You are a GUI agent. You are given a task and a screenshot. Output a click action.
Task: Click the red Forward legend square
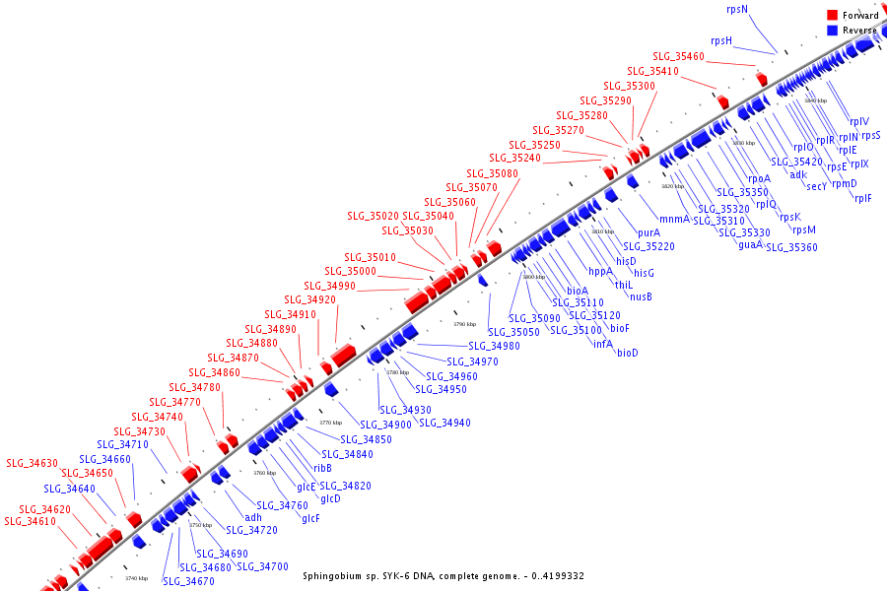(832, 16)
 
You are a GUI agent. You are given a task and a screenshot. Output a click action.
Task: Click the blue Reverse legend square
(832, 31)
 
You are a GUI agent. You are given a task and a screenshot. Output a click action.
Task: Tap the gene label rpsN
(736, 9)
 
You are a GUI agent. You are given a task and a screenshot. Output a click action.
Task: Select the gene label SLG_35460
(678, 56)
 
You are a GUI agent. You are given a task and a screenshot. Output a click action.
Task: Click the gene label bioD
(627, 352)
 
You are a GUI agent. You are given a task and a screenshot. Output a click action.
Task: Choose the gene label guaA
(750, 243)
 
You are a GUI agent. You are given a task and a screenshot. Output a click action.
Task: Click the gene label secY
(816, 185)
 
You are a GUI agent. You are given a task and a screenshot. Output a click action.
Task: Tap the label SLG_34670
(188, 581)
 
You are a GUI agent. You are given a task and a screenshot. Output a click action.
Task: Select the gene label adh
(253, 516)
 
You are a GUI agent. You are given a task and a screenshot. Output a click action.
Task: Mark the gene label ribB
(322, 468)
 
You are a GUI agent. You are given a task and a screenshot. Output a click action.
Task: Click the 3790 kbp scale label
(464, 324)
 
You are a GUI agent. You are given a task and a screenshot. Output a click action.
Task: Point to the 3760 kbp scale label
(264, 473)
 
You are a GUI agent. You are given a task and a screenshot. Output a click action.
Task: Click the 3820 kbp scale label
(672, 185)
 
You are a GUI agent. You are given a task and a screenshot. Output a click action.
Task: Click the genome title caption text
(443, 575)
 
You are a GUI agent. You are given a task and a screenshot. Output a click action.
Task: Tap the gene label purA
(648, 231)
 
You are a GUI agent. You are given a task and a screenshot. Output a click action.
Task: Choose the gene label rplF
(862, 197)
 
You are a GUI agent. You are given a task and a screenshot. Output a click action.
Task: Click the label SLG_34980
(493, 346)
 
